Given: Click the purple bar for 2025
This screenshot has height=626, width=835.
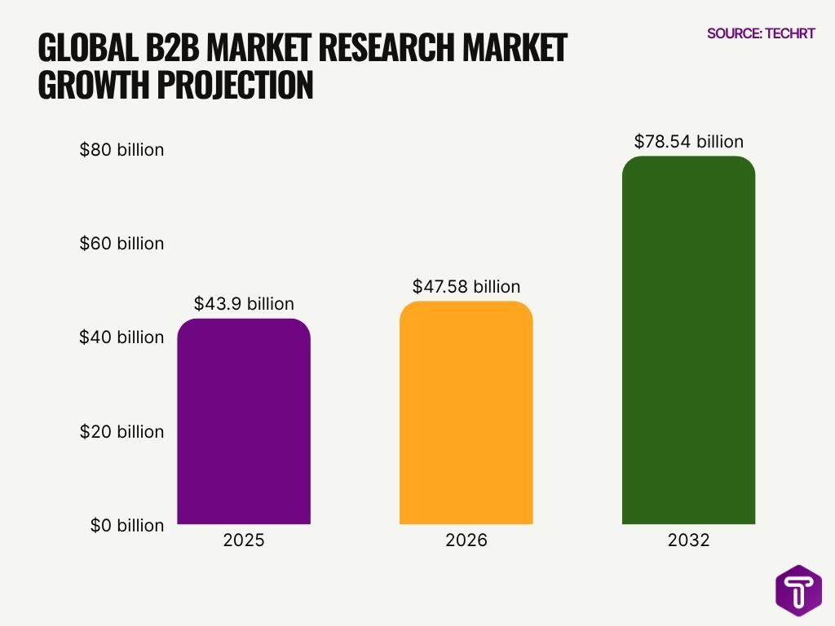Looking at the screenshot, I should coord(244,421).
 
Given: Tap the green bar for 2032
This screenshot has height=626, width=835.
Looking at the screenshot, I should coord(688,340).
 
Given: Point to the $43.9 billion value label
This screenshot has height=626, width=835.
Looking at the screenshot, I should coord(244,304).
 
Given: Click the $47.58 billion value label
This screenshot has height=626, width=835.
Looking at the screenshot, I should coord(466,287).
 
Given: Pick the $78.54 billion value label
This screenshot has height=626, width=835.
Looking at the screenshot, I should coord(688,142).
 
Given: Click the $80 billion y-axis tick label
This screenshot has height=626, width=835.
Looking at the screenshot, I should coord(121,150).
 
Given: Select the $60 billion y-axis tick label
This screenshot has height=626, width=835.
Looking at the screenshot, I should coord(121,244).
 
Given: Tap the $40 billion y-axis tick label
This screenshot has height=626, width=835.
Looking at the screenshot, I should coord(121,337).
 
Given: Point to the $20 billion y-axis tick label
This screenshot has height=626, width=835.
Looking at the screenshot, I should coord(121,431).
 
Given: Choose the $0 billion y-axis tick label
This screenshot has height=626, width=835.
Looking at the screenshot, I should coord(126,526).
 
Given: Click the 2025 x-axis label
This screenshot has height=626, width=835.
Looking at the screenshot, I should coord(244,540).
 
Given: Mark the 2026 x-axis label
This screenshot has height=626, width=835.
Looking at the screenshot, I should coord(466,540).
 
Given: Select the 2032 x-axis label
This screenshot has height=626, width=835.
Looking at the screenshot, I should coord(688,540).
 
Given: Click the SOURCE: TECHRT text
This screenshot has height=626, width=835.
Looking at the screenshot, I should coord(761,34).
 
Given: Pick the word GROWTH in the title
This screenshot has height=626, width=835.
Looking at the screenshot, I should coord(91,85).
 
